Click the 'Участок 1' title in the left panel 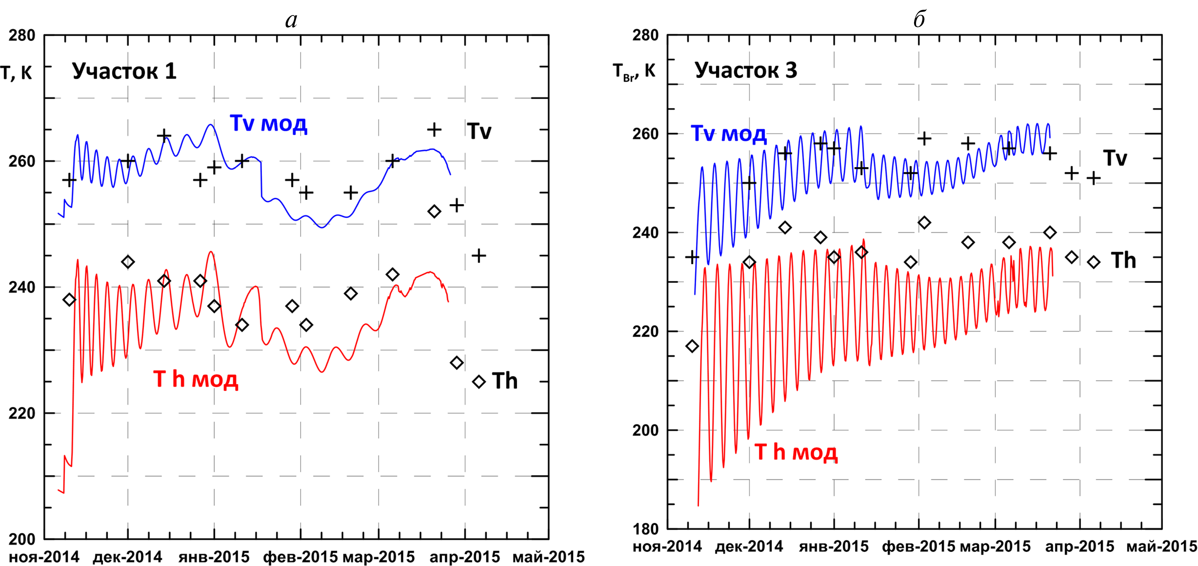point(124,71)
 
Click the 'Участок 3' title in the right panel point(746,70)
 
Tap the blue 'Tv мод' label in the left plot point(268,124)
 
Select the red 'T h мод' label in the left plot point(196,379)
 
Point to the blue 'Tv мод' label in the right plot point(728,134)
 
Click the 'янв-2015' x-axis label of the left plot point(214,557)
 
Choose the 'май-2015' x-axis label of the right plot point(1161,546)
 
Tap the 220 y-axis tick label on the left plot point(22,413)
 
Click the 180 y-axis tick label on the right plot point(645,529)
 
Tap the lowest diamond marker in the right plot point(692,346)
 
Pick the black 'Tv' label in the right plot point(1115,158)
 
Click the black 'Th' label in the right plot point(1123,261)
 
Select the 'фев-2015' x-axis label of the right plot point(919,546)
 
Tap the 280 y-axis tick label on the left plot point(22,35)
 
